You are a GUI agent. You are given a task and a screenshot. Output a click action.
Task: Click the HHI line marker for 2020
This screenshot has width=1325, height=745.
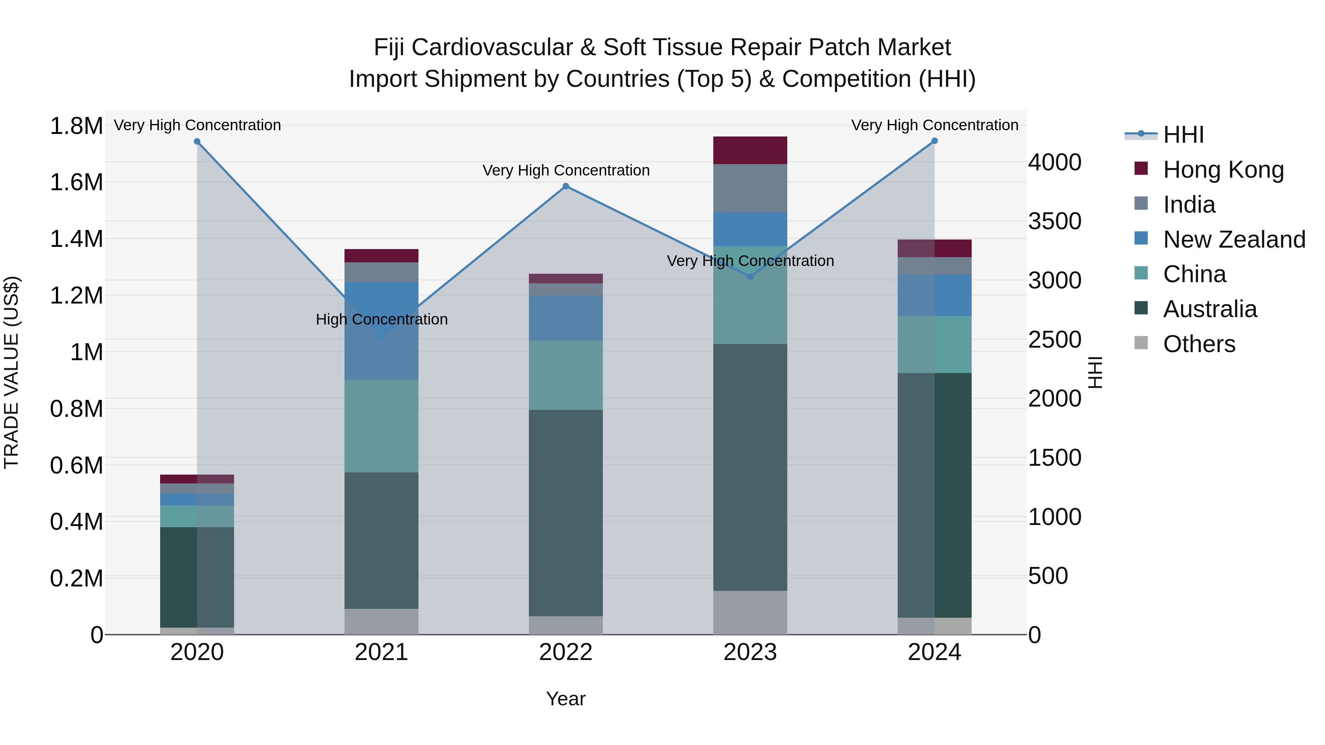(197, 141)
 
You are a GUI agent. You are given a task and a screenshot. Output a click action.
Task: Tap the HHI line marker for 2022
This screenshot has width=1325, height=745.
(566, 186)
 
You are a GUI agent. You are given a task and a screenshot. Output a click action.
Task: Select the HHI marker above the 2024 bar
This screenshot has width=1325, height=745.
(934, 141)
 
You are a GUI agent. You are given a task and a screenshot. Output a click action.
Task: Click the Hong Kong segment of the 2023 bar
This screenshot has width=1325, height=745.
(750, 150)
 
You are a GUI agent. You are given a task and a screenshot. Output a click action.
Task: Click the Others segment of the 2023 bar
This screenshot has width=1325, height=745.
(750, 612)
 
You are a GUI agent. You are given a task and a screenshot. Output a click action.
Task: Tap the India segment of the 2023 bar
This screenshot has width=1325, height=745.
(750, 188)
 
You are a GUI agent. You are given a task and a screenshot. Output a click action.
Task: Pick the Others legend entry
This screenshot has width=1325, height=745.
(1198, 344)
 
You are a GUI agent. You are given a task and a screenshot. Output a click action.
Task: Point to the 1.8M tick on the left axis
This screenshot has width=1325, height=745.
(76, 126)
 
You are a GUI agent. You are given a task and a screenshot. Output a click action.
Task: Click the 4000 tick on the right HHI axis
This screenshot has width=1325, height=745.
(1054, 163)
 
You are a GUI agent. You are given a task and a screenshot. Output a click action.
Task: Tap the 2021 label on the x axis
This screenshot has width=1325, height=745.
(381, 652)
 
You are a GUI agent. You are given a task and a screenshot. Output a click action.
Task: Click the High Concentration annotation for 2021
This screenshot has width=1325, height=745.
(382, 319)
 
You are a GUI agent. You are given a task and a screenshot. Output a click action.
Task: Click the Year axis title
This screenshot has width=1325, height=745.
(566, 699)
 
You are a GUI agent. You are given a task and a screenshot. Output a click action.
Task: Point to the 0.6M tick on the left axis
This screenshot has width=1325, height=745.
(76, 465)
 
